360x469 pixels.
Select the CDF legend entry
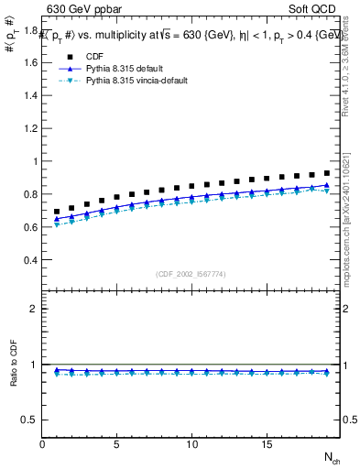click(98, 56)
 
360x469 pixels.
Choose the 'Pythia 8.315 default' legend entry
click(128, 69)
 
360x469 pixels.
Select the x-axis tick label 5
click(117, 444)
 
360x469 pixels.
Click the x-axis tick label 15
click(267, 444)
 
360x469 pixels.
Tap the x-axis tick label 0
click(42, 444)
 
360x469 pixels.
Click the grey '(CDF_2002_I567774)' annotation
click(191, 274)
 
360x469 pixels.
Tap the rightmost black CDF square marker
click(326, 172)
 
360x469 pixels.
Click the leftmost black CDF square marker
click(57, 212)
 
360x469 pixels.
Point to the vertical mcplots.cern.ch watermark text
click(352, 229)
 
